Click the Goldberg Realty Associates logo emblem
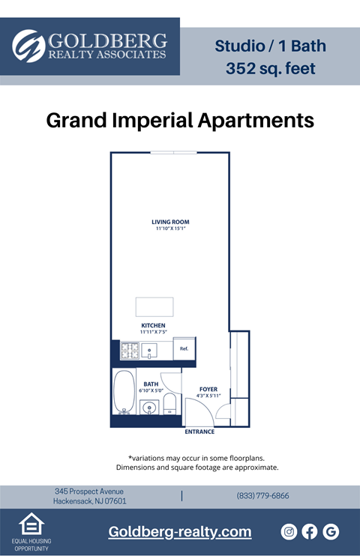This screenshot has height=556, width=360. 29,46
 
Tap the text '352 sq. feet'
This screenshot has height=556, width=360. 270,69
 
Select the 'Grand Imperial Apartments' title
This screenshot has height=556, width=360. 180,120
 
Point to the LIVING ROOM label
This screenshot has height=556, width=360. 170,222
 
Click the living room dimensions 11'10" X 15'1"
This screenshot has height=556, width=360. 170,229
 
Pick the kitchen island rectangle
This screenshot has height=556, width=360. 154,307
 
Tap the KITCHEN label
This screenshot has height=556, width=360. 153,325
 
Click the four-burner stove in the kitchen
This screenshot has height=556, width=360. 130,350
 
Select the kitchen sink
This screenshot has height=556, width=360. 150,350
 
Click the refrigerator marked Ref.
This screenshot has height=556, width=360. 184,348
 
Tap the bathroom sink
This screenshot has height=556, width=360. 149,408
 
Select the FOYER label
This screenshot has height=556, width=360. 208,390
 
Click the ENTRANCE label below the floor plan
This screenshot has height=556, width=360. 199,432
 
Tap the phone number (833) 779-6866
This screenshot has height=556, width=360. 262,496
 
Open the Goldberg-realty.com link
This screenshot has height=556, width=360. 180,532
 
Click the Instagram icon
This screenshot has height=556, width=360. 289,532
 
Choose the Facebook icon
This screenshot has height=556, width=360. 310,532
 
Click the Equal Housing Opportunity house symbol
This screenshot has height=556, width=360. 31,525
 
